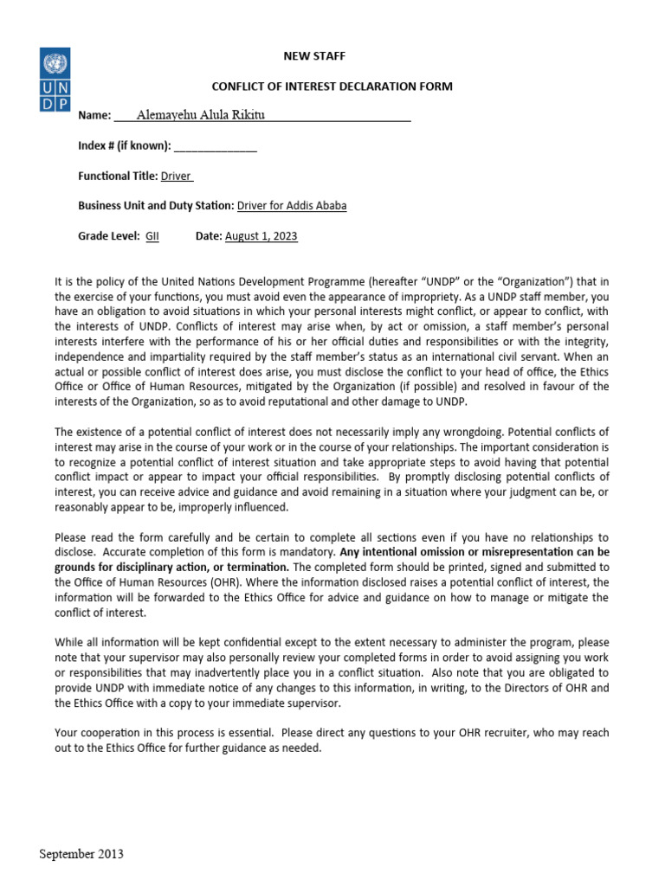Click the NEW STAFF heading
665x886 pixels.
[x=314, y=56]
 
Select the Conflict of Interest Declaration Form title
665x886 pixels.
[x=332, y=87]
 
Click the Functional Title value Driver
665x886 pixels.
[x=177, y=176]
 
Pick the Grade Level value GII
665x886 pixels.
[x=152, y=236]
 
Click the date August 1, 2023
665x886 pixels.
[x=261, y=236]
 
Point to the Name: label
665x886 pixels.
[x=95, y=116]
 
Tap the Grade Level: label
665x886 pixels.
[x=109, y=236]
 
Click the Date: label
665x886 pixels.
[x=209, y=236]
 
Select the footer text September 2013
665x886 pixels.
[x=81, y=854]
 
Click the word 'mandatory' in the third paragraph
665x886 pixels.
[x=309, y=552]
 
